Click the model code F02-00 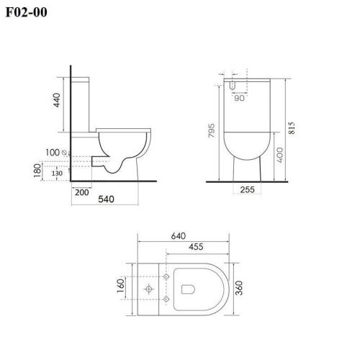tap(26, 12)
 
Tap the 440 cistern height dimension tap(57, 100)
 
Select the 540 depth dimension tap(106, 199)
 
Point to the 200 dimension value tap(82, 192)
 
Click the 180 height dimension tap(37, 171)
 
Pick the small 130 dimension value tap(57, 173)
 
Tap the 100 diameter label tap(53, 153)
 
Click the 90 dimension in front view tap(239, 98)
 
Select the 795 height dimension tap(211, 130)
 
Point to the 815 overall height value tap(292, 127)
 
